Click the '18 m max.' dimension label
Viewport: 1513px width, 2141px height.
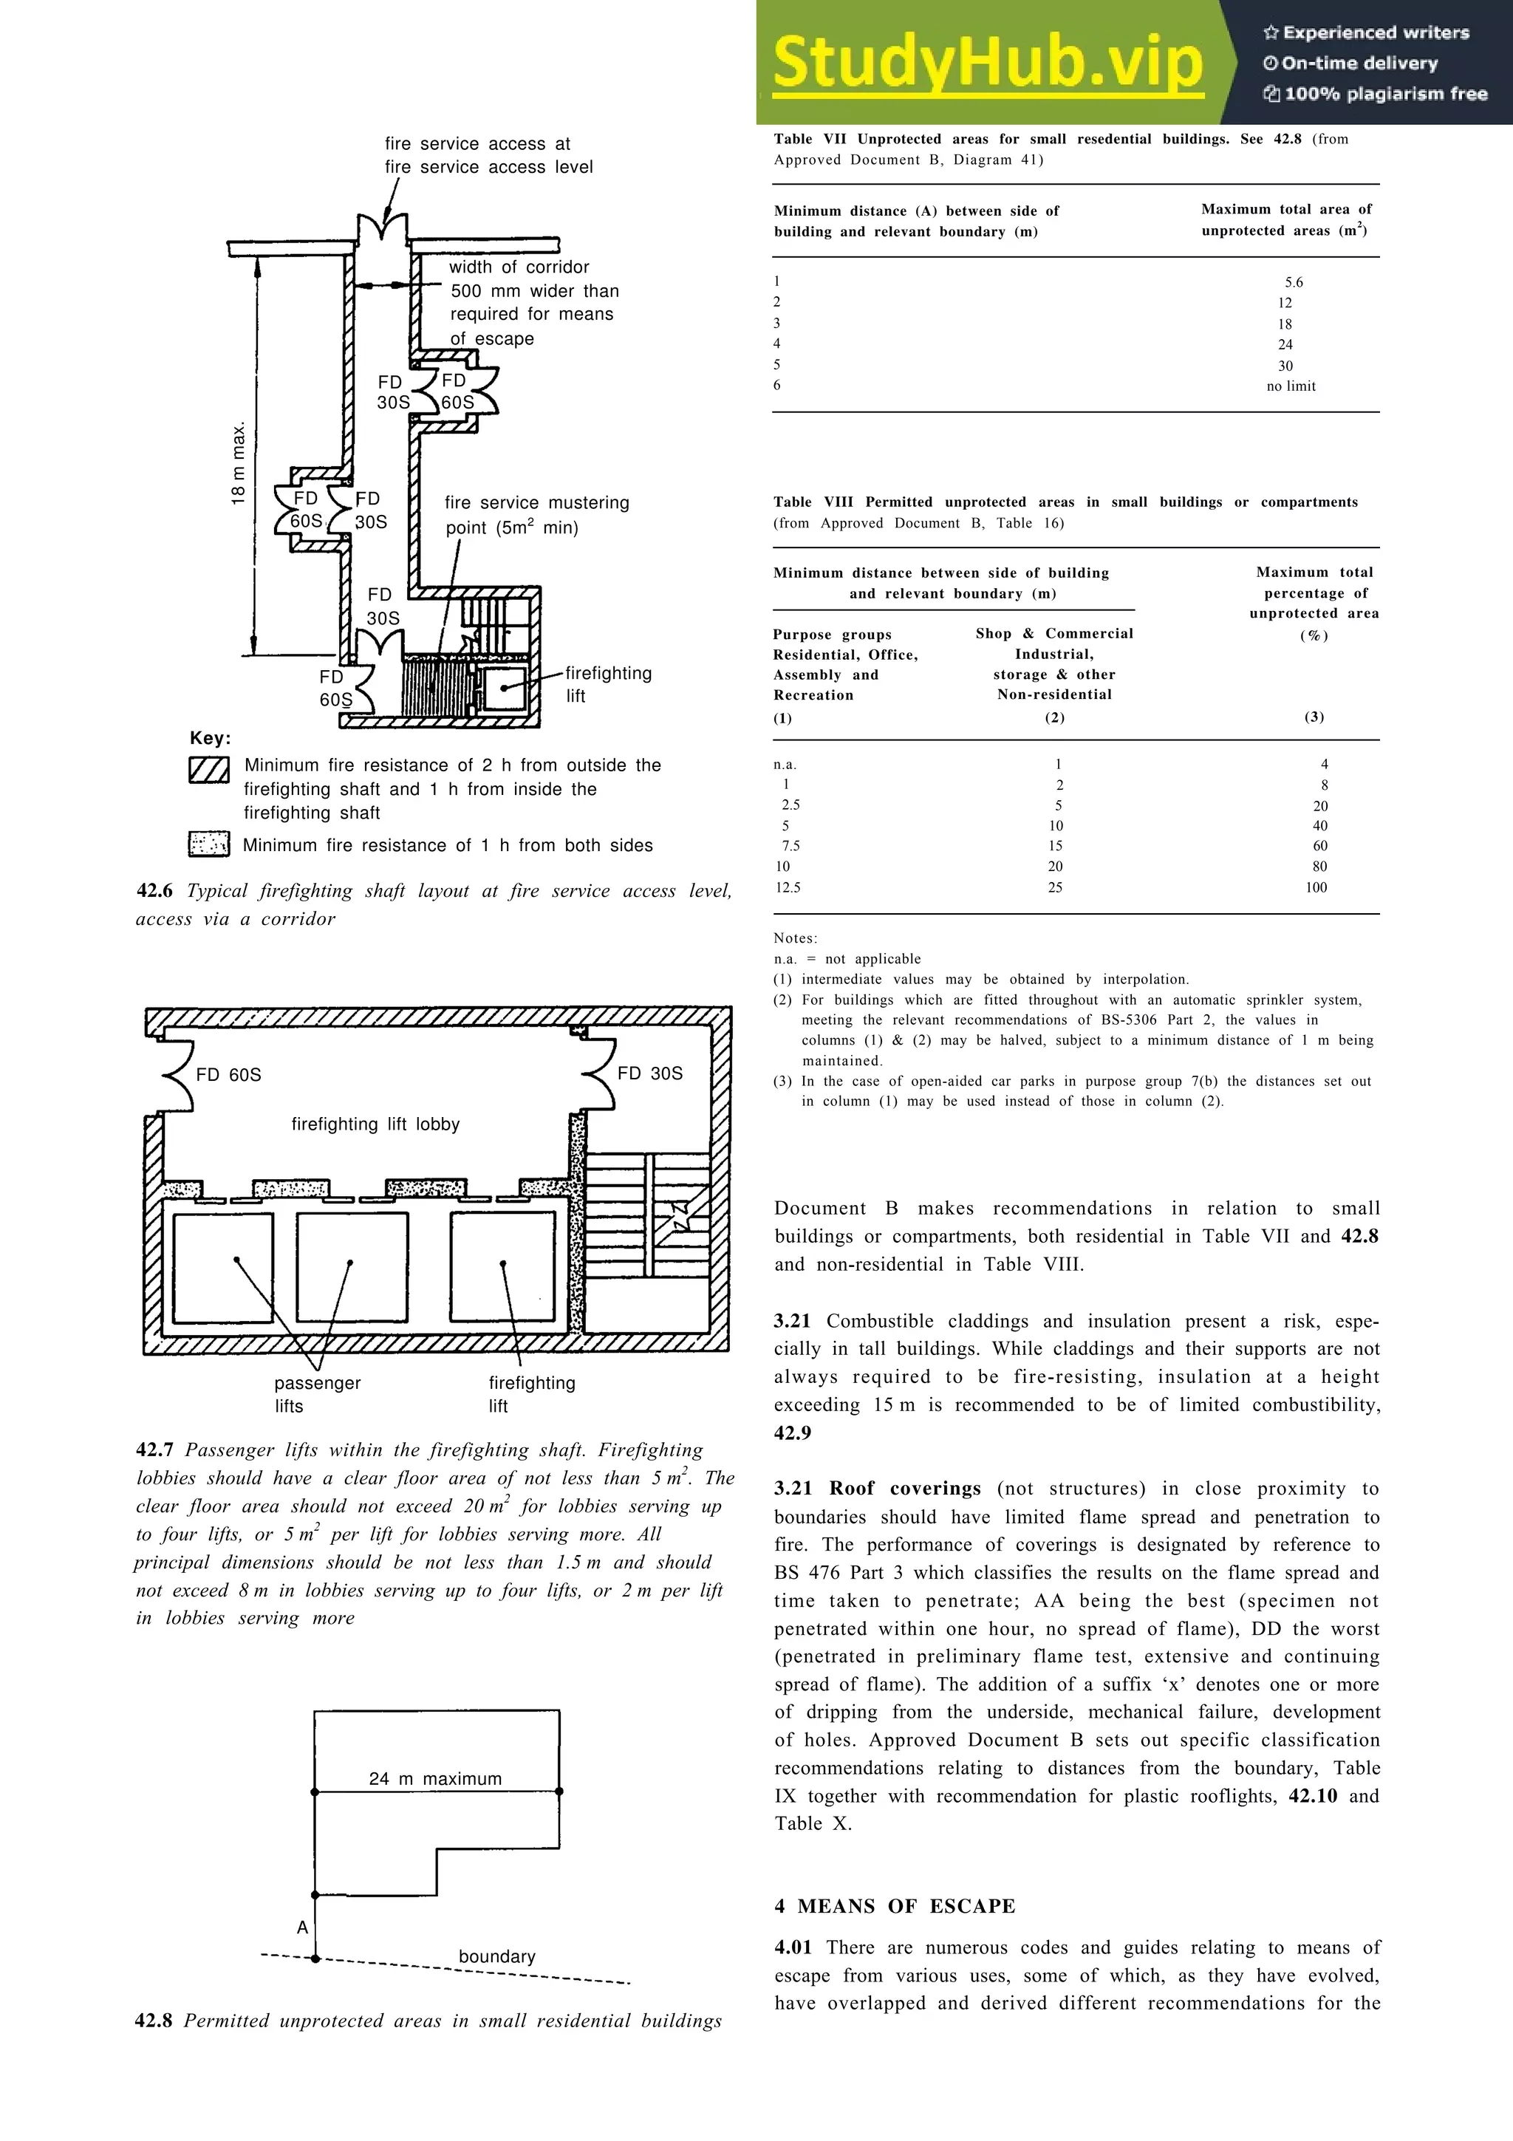point(239,463)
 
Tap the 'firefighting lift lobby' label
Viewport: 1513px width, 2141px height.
point(376,1124)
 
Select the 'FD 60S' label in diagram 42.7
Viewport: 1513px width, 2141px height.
point(228,1075)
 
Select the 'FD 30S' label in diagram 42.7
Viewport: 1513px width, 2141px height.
point(650,1073)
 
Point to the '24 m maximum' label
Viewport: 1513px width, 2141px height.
point(435,1778)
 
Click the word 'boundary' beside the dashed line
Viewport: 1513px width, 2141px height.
point(497,1956)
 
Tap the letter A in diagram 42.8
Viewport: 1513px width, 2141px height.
point(302,1927)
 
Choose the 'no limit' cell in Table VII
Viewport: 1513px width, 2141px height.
point(1291,386)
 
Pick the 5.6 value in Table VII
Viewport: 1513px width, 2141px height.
point(1294,282)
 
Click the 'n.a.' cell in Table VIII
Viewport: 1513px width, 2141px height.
point(785,765)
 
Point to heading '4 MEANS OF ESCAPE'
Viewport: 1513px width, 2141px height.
point(895,1906)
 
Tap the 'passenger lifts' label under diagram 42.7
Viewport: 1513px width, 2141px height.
point(317,1394)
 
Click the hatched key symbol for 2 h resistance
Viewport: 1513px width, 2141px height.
point(209,769)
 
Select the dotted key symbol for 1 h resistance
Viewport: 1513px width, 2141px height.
point(209,844)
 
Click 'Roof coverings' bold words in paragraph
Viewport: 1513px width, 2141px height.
point(904,1488)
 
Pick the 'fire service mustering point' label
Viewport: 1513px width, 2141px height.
point(536,515)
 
